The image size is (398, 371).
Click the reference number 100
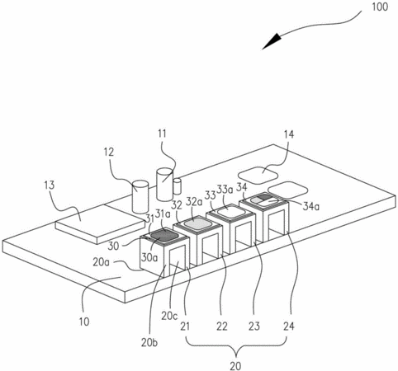click(x=380, y=7)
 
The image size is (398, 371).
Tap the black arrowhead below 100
click(x=272, y=41)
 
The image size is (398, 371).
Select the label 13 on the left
click(x=50, y=185)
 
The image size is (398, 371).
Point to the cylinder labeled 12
click(x=140, y=196)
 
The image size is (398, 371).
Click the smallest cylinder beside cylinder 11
click(x=177, y=186)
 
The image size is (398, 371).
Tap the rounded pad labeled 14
click(x=258, y=176)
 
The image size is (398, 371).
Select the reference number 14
click(x=289, y=134)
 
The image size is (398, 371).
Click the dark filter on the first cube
click(x=164, y=236)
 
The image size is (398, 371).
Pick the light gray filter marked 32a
click(x=197, y=223)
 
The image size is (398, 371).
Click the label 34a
click(x=311, y=206)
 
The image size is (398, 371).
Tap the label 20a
click(x=102, y=262)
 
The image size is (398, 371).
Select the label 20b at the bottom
click(x=149, y=343)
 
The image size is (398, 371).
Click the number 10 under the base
click(x=84, y=322)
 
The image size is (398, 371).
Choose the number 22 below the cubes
click(x=222, y=326)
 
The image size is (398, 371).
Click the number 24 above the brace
click(x=289, y=326)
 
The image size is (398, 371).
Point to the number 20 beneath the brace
click(x=235, y=366)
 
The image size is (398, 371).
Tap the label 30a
click(x=149, y=257)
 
